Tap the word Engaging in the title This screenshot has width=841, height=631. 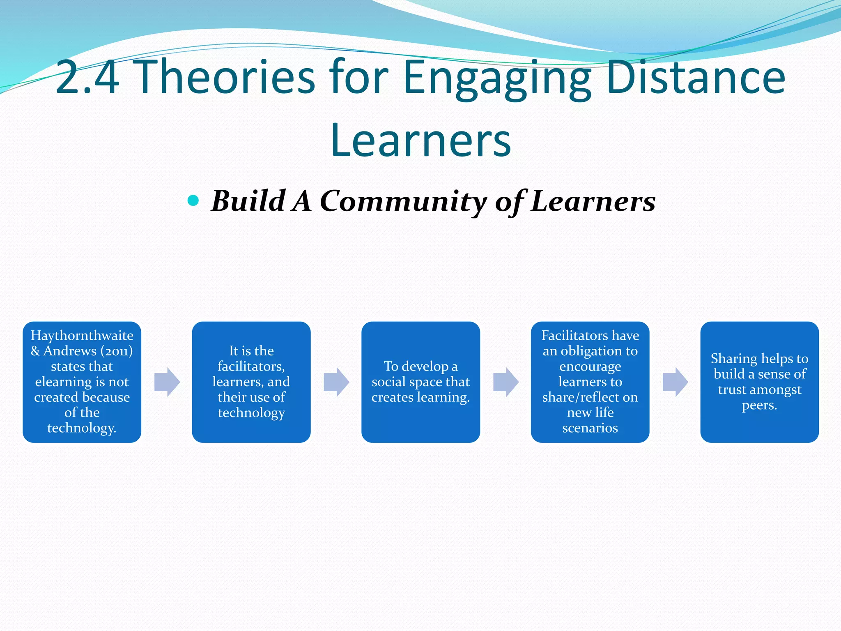coord(497,78)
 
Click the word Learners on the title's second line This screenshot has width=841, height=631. coord(420,140)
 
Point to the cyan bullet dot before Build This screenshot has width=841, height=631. coord(193,201)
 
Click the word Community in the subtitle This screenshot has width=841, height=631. coord(402,201)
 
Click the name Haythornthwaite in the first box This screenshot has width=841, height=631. coord(82,336)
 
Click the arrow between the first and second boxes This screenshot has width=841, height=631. coord(167,382)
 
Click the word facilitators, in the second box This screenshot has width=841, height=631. coord(251,366)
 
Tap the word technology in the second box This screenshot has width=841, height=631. coord(251,412)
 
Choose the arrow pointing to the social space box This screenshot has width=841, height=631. coord(336,382)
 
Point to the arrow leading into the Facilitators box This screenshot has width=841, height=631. coord(506,382)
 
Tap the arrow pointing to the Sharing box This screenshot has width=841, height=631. coord(675,382)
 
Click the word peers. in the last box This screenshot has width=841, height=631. coord(759,405)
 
